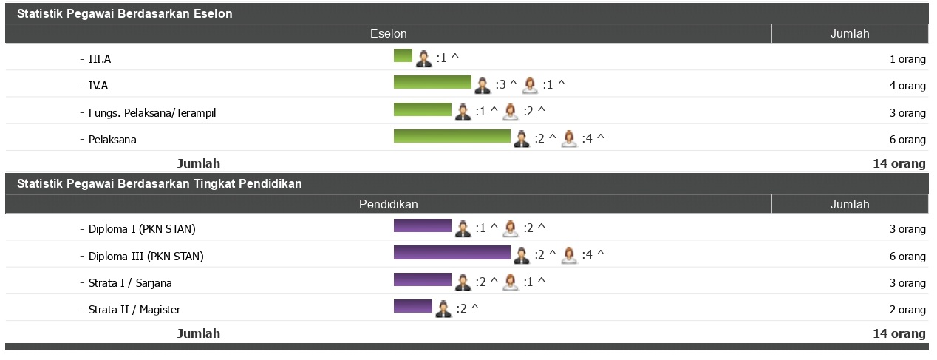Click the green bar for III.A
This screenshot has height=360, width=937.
(x=403, y=55)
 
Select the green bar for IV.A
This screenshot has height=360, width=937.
(x=432, y=82)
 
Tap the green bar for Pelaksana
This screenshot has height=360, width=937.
(x=452, y=136)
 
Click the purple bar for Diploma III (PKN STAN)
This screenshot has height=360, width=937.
(x=452, y=253)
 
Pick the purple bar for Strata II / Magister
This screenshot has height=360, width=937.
(x=412, y=306)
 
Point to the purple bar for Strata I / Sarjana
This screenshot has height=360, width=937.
(x=422, y=279)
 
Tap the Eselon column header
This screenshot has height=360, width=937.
(x=388, y=34)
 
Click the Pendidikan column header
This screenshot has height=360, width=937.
(x=388, y=204)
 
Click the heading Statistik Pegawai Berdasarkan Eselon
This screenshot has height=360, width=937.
(x=124, y=14)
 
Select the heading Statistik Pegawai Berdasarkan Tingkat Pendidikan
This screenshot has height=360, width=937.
(x=159, y=183)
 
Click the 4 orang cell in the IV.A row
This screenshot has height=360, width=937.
(x=907, y=86)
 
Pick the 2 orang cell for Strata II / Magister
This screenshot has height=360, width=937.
(x=907, y=310)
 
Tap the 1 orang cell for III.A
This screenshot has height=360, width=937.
(x=907, y=59)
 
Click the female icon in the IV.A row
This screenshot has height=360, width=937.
(x=530, y=85)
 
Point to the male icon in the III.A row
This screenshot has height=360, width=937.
(x=423, y=58)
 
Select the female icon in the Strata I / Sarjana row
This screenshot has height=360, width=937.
(x=510, y=282)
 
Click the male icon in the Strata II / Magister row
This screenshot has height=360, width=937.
(x=443, y=309)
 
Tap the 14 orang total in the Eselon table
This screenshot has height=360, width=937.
(x=899, y=163)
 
